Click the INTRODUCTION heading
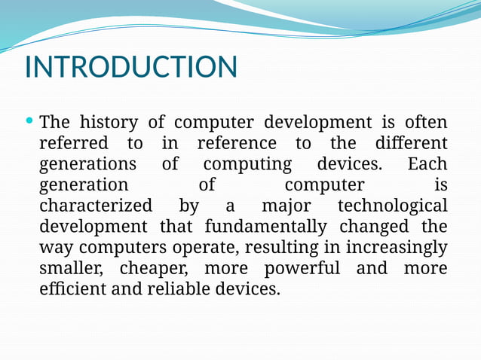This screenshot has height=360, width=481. point(131,67)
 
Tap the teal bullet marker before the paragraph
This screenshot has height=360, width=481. point(29,121)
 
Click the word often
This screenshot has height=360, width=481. point(426,122)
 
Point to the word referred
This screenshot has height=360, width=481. point(73,143)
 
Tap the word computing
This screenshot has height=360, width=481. point(247,164)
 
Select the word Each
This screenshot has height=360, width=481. point(427,164)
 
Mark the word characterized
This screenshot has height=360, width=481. point(95,206)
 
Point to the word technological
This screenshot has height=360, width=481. point(392,206)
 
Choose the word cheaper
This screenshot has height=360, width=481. point(158,269)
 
